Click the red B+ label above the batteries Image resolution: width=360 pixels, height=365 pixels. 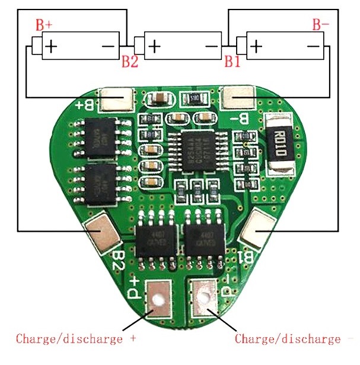pos(44,24)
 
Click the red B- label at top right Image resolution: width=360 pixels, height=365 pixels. pos(321,24)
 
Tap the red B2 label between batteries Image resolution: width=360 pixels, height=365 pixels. pos(130,61)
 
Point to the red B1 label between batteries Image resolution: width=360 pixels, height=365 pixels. pos(232,61)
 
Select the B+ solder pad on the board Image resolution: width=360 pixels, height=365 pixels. pos(117,98)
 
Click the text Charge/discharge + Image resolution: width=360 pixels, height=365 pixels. pos(76,339)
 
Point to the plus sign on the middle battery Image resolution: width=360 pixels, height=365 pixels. pos(154,46)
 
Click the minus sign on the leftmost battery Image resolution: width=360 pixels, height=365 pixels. pos(109,46)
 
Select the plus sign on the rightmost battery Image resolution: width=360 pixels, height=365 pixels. pos(257,46)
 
